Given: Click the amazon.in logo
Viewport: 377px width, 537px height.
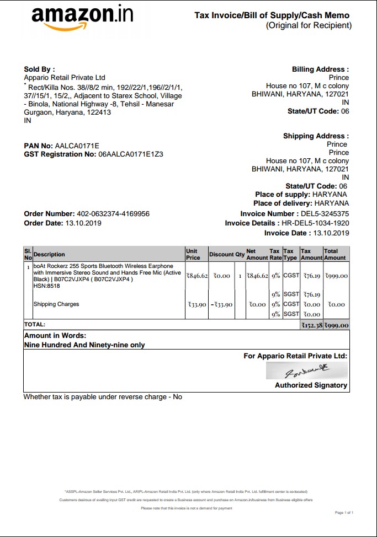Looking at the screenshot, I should (82, 18).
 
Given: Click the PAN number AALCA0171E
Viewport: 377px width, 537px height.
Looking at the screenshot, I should (77, 146).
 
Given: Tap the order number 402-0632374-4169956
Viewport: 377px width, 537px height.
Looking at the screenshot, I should (113, 214).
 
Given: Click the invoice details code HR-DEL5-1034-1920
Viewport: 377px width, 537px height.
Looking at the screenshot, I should (315, 223).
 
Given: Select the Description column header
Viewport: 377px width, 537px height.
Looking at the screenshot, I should (49, 254).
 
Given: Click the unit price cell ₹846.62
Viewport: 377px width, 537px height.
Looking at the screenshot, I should (197, 276).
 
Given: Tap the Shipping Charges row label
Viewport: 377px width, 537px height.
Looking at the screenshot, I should (56, 304).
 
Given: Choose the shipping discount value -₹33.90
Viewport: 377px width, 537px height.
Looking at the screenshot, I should (221, 304).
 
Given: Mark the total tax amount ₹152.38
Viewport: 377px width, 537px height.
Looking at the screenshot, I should (311, 325).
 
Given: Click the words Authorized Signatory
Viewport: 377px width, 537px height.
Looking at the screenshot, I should (311, 385).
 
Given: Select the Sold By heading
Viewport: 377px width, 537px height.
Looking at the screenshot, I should (39, 69).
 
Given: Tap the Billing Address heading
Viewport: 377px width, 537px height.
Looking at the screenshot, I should (320, 69).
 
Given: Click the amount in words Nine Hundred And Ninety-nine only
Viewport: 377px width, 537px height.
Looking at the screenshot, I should (84, 345).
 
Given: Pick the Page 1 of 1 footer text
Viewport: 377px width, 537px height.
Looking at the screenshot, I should (344, 513).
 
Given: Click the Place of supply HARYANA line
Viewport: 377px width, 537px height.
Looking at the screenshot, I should (301, 195).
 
